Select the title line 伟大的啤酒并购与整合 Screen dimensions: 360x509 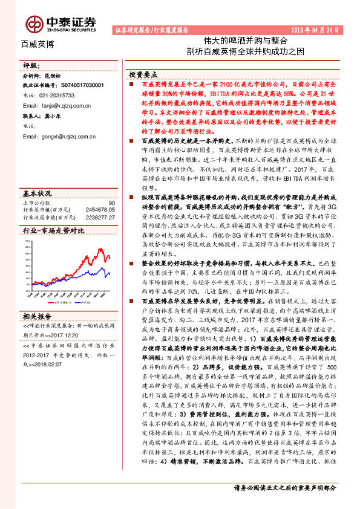(x=237, y=41)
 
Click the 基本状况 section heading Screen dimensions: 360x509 (x=37, y=193)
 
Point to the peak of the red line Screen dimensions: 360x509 (x=101, y=250)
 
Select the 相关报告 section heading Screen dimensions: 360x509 (x=37, y=316)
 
